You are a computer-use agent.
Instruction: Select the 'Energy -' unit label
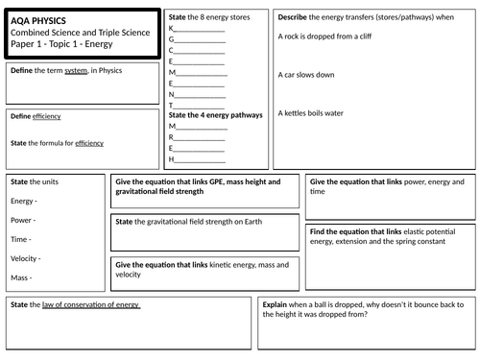click(x=24, y=202)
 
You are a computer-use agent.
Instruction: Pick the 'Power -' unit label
click(x=24, y=220)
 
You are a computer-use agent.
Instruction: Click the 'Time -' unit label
click(x=21, y=239)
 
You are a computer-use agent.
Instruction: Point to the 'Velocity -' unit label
click(x=27, y=258)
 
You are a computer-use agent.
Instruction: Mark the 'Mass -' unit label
click(x=22, y=277)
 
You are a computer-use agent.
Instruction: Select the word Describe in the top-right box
click(x=294, y=16)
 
